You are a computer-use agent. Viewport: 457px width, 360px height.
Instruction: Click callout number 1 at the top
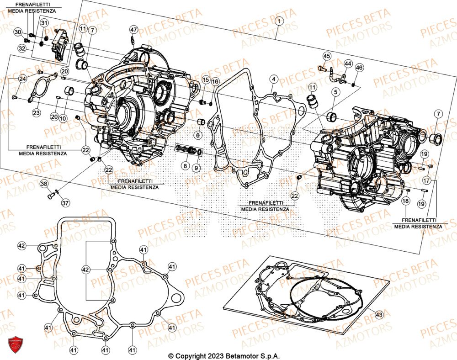279,20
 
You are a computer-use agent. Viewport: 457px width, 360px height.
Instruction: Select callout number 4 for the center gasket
273,79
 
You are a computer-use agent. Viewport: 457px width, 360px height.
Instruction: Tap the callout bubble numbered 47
133,30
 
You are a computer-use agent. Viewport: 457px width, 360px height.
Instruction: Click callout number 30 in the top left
18,32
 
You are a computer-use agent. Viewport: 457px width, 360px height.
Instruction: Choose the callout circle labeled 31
44,23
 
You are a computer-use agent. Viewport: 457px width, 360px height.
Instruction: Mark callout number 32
22,48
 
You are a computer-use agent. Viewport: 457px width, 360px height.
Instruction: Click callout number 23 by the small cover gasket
36,112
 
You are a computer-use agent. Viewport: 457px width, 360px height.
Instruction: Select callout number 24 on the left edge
22,79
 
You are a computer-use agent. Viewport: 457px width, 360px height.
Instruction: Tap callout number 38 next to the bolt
43,184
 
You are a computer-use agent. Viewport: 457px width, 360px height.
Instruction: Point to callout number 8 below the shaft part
185,166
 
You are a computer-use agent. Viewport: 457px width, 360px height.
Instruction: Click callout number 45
327,56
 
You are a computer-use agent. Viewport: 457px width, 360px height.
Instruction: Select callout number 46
359,68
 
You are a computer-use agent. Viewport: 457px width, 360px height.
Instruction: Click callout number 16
215,81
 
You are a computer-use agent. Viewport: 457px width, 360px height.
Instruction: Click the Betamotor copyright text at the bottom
224,355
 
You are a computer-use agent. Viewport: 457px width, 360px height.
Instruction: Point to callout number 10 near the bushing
63,118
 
